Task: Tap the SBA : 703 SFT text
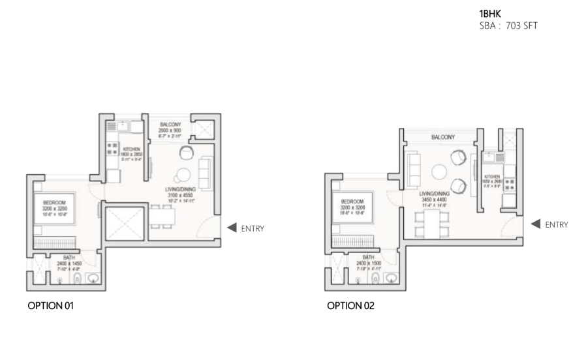[x=508, y=25]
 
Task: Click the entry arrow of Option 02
[x=535, y=224]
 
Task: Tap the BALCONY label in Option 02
[x=443, y=138]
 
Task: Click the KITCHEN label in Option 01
[x=129, y=148]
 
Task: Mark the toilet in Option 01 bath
[x=76, y=280]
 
